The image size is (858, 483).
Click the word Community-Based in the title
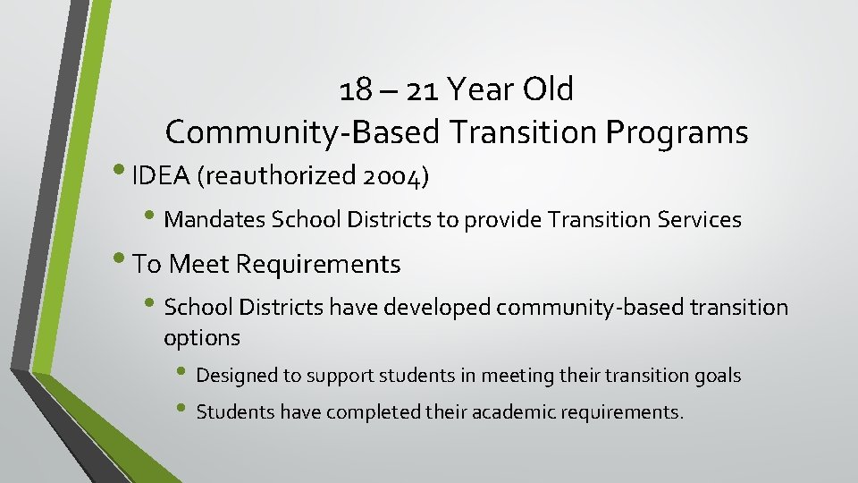pyautogui.click(x=303, y=133)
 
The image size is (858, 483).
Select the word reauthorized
pyautogui.click(x=282, y=177)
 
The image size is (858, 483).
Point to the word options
pyautogui.click(x=202, y=338)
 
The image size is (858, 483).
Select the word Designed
pyautogui.click(x=236, y=376)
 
